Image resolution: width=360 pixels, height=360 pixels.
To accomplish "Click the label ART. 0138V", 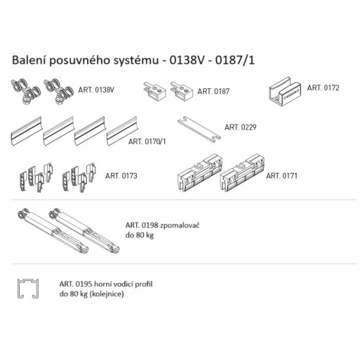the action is (96, 90).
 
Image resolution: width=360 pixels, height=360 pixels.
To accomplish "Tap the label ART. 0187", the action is (213, 92).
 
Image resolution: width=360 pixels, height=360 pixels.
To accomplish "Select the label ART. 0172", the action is (323, 88).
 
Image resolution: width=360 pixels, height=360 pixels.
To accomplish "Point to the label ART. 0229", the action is (240, 127).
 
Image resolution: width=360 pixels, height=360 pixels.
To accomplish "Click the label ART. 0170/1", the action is (147, 141).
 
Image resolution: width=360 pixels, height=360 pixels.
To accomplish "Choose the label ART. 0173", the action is (121, 176).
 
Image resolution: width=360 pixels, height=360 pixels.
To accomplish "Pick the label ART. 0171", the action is (281, 176).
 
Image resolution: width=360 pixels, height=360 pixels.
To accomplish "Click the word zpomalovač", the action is (180, 225).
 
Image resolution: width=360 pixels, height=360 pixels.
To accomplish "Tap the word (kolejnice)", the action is (107, 294).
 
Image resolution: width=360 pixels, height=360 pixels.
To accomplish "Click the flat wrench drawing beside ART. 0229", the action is (199, 129).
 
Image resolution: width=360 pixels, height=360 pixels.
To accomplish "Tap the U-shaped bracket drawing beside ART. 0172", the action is (285, 92).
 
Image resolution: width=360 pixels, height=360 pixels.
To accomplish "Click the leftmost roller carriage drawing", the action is (26, 91).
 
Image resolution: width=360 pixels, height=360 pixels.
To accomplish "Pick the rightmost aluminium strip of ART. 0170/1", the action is (122, 131).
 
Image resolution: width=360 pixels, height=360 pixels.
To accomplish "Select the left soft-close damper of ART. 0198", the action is (53, 231).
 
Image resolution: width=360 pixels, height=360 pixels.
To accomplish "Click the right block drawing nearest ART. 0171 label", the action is (242, 173).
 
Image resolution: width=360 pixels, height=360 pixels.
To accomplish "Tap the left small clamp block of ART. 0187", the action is (154, 92).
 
